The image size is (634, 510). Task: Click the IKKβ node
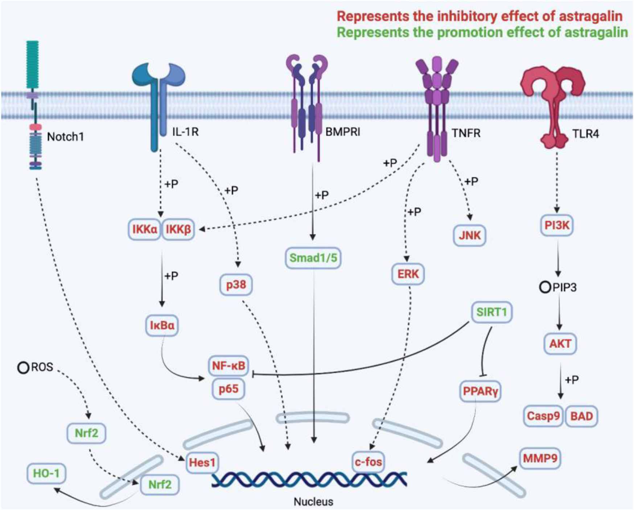tap(178, 229)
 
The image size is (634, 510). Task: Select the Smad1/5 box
tap(313, 258)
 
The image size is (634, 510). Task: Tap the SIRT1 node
tap(491, 312)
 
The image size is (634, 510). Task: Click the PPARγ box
tap(480, 391)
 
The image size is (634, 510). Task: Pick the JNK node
tap(469, 235)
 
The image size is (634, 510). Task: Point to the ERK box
tap(408, 274)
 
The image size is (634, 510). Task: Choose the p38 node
tap(236, 285)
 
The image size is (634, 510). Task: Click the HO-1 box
tap(46, 473)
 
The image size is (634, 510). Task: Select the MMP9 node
tap(540, 459)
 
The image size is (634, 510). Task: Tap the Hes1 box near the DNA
tap(202, 463)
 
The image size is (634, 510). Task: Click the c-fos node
tap(368, 462)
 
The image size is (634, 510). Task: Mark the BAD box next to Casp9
tap(581, 416)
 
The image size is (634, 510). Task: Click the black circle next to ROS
tap(23, 368)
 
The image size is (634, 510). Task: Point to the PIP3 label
tap(564, 288)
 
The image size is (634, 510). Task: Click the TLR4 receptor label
tap(585, 134)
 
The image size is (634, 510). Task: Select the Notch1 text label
tap(65, 137)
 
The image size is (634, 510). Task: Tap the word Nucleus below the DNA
tap(313, 502)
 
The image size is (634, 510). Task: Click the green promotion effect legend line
tap(482, 32)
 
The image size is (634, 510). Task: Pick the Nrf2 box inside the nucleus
tap(160, 485)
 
